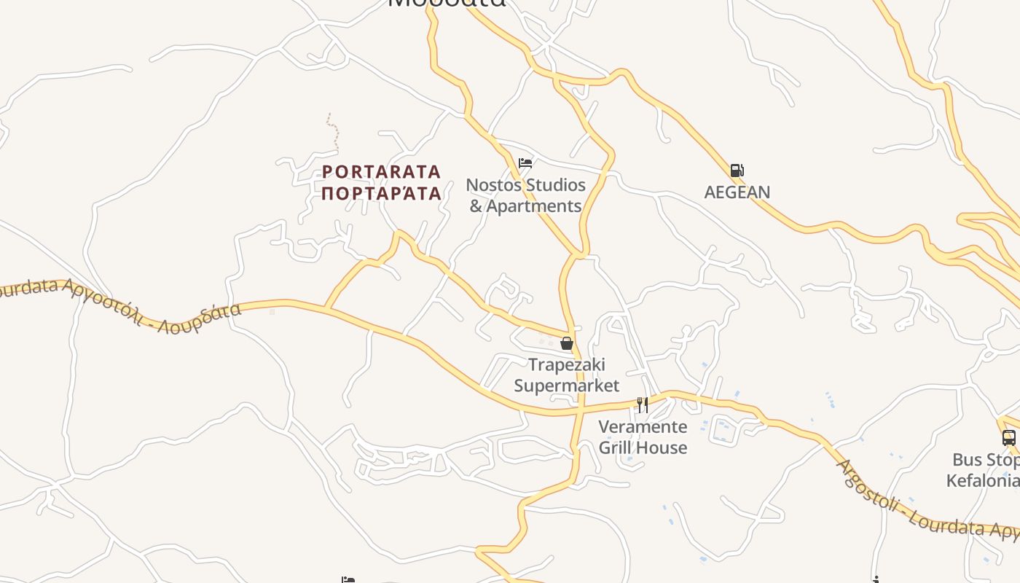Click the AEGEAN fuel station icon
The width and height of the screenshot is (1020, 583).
click(737, 171)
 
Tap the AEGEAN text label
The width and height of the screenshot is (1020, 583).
click(737, 192)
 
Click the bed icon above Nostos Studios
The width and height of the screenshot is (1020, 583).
click(525, 163)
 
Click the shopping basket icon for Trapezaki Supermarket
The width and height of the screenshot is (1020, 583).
click(567, 343)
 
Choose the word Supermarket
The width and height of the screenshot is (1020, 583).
click(567, 386)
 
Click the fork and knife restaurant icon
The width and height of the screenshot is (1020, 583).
click(643, 405)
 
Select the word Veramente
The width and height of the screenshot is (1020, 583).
click(643, 426)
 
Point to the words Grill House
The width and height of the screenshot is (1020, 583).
click(643, 447)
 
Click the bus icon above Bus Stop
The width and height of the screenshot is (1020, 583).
click(1008, 438)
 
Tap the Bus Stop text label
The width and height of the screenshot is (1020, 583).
click(986, 460)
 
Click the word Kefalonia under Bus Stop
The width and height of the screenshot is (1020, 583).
click(982, 481)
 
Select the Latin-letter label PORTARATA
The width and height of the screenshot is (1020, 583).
click(382, 172)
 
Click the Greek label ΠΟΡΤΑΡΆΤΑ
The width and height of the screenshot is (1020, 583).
click(382, 193)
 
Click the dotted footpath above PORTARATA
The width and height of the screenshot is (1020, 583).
click(334, 131)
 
